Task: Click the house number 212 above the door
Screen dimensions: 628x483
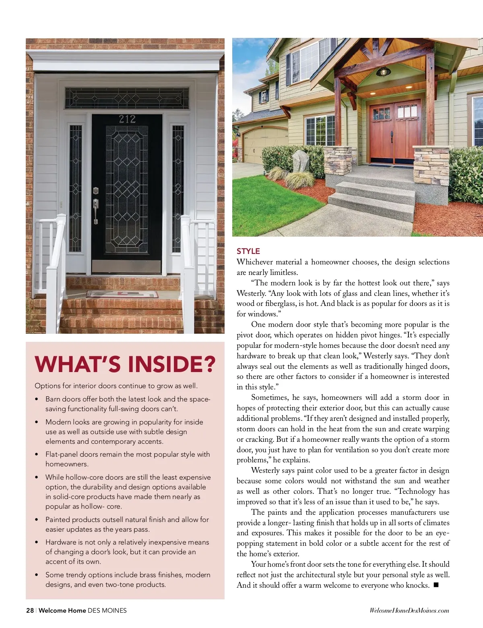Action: coord(127,119)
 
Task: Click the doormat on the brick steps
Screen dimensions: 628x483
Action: coord(122,294)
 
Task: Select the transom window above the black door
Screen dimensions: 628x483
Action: coord(127,98)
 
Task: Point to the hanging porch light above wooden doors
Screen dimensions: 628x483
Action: coord(384,72)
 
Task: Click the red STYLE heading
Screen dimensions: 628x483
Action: coord(248,251)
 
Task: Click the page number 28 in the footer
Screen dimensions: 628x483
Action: coord(30,610)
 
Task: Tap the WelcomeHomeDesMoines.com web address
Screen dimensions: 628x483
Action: coord(409,610)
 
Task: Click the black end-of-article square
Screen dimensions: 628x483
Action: coord(436,585)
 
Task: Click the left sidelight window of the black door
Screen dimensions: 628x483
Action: coord(75,188)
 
